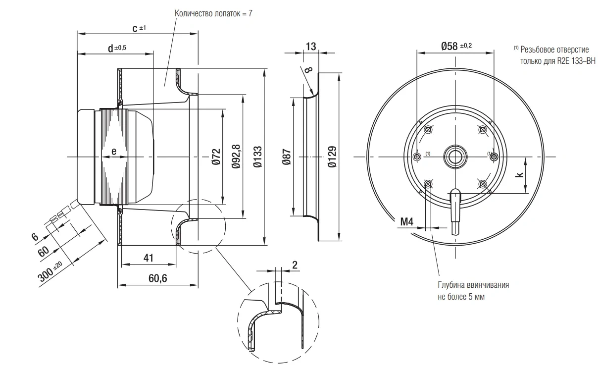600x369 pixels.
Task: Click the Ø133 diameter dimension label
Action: pyautogui.click(x=257, y=157)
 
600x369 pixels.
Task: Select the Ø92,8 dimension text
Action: pyautogui.click(x=236, y=157)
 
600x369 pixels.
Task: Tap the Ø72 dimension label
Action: pyautogui.click(x=216, y=157)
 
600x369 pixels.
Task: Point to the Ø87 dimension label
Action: pyautogui.click(x=287, y=157)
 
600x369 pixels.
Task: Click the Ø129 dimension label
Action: pyautogui.click(x=332, y=157)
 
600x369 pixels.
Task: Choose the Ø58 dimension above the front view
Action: pyautogui.click(x=456, y=46)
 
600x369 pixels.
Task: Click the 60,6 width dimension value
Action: pyautogui.click(x=158, y=278)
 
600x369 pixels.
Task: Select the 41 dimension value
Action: pyautogui.click(x=149, y=258)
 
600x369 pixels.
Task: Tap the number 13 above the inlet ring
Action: pyautogui.click(x=311, y=47)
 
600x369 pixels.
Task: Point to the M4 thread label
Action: pyautogui.click(x=406, y=221)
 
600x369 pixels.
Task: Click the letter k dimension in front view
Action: pyautogui.click(x=519, y=175)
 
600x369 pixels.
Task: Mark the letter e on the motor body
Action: pyautogui.click(x=114, y=152)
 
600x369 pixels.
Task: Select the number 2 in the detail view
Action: pyautogui.click(x=295, y=265)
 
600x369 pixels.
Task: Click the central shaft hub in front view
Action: pyautogui.click(x=455, y=157)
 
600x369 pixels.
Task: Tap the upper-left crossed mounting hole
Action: pyautogui.click(x=428, y=130)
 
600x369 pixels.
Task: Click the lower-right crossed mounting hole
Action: pyautogui.click(x=482, y=184)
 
